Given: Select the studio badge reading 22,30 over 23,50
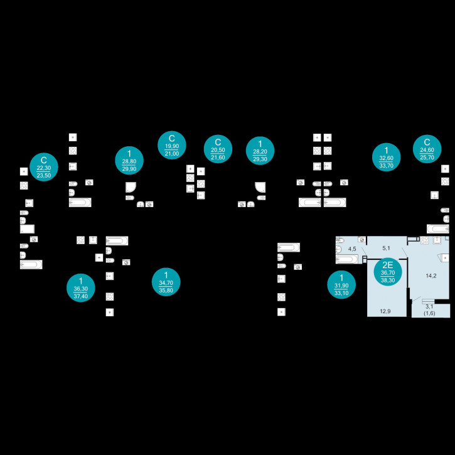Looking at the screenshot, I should [x=44, y=168].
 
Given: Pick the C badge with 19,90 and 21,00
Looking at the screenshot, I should [x=171, y=146].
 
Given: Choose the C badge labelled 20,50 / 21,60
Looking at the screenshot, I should [x=218, y=149].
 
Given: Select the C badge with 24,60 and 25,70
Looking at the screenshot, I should [x=427, y=149].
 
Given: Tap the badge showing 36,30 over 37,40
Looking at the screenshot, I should [x=80, y=287].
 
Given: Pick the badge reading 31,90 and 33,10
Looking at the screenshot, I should [x=341, y=286].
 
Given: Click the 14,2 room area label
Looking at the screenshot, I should [x=431, y=275].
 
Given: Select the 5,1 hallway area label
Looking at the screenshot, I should [x=387, y=248].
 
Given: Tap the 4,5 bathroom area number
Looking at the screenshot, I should [x=352, y=249].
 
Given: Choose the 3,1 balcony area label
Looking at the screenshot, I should [x=429, y=306].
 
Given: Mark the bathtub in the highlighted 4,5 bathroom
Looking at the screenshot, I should [x=347, y=259].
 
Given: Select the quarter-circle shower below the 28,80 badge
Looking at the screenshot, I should [x=131, y=186].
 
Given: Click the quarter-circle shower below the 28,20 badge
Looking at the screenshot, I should [x=259, y=186].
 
